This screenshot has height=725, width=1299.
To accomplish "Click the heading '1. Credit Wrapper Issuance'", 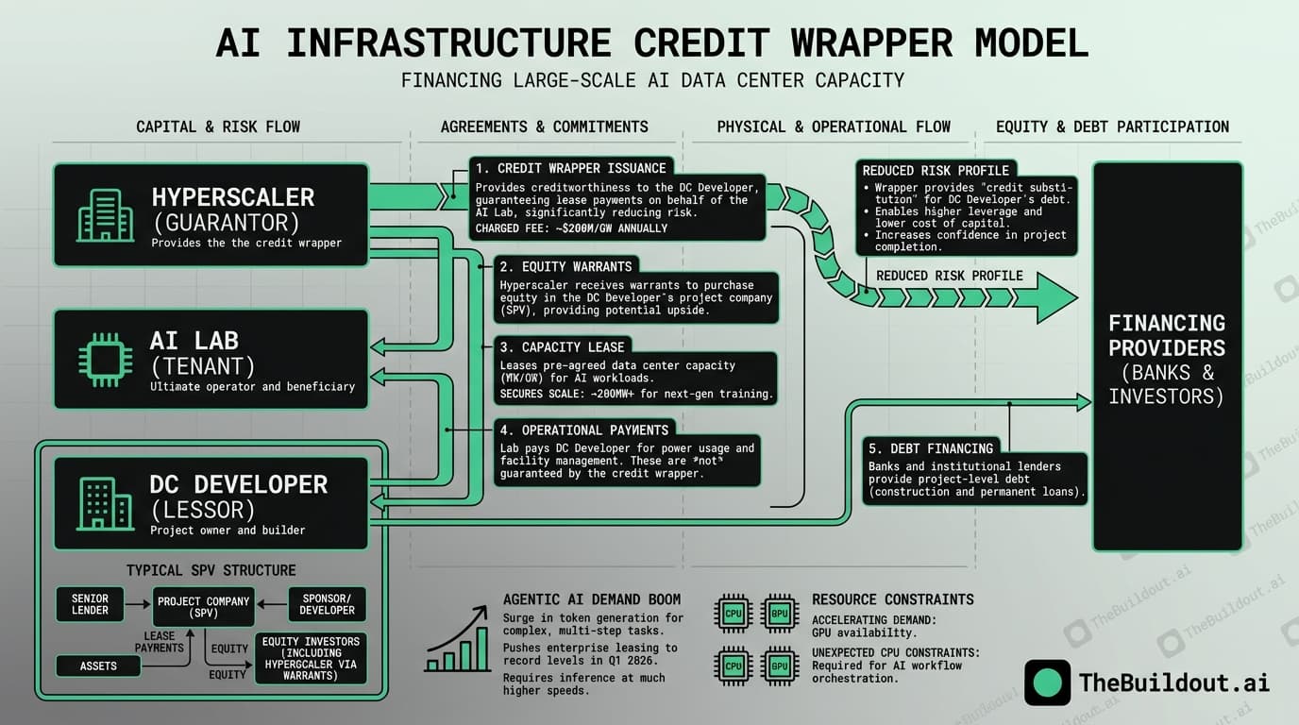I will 571,168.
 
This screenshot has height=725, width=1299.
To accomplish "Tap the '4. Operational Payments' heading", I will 582,430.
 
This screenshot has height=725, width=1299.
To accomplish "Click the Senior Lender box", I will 90,604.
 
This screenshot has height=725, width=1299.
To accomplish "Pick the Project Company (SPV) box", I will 203,607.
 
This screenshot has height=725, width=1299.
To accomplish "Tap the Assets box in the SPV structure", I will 98,666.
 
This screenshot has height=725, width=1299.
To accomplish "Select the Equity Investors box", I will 311,658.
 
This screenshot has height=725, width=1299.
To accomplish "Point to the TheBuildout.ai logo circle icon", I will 1047,683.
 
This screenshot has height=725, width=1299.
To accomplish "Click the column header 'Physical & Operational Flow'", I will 834,126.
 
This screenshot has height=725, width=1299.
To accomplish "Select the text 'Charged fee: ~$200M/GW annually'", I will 571,228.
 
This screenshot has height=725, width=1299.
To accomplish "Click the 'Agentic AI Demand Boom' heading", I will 592,599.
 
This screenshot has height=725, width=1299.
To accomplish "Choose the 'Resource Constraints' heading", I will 892,599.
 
